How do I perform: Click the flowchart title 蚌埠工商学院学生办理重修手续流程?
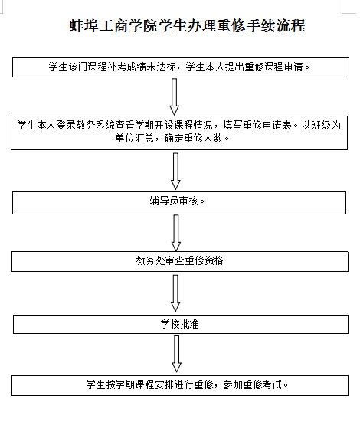point(188,26)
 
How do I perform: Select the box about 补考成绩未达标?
point(181,67)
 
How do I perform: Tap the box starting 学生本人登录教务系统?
point(179,132)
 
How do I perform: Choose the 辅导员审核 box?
point(179,203)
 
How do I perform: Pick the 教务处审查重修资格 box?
point(180,261)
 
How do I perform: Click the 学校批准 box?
point(181,324)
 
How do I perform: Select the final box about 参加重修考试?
point(180,386)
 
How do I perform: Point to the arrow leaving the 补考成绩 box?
point(174,97)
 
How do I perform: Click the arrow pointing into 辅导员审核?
point(175,172)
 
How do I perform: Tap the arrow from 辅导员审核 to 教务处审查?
point(176,233)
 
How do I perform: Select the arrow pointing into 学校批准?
point(175,293)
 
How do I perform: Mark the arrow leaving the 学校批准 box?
point(177,354)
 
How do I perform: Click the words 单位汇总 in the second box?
point(134,139)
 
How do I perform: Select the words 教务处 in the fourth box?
point(151,260)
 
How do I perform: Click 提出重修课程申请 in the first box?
point(264,67)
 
